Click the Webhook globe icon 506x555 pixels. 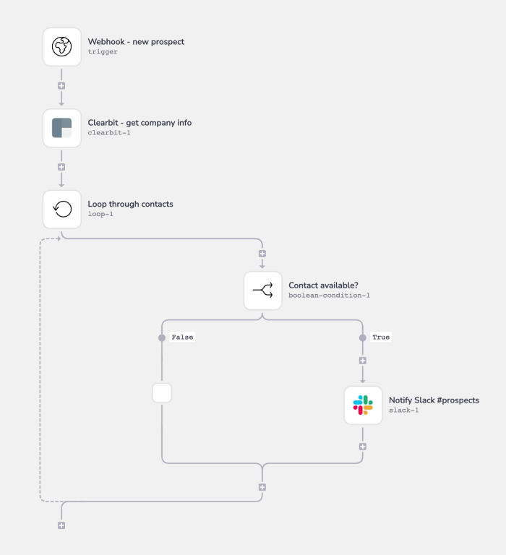click(62, 47)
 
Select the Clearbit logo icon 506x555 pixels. click(62, 128)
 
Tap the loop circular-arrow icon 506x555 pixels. click(62, 209)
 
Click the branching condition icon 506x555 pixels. click(262, 291)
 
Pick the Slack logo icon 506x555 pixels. click(363, 405)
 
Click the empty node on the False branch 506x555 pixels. click(162, 393)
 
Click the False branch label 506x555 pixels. click(182, 337)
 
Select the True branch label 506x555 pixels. click(381, 337)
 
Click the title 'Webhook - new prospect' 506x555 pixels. click(136, 42)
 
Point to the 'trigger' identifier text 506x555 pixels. click(103, 52)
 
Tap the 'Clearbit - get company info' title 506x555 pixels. click(140, 123)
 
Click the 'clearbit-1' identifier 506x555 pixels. click(109, 133)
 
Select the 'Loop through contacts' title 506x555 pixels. click(130, 204)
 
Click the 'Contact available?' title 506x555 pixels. click(323, 285)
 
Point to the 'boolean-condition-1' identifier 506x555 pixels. click(329, 296)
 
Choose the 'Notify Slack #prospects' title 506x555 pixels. click(434, 400)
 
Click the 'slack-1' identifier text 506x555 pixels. click(403, 410)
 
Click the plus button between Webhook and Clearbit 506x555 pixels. click(61, 86)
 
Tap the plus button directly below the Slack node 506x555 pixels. click(363, 446)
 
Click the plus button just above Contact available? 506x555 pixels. click(262, 254)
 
